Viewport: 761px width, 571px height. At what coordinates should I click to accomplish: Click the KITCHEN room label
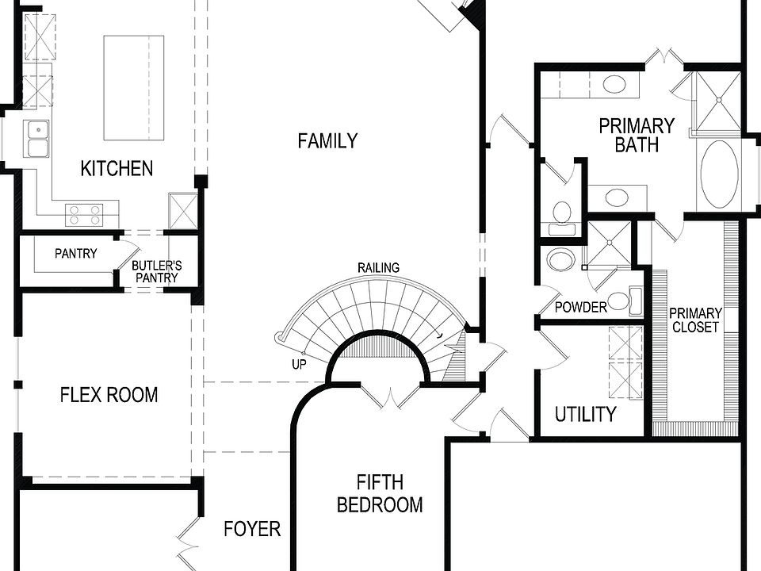click(117, 168)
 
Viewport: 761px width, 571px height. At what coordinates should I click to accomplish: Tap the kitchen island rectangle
click(133, 87)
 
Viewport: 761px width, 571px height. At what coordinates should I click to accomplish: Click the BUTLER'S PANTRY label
click(156, 271)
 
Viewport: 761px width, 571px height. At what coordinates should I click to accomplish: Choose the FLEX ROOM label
click(109, 394)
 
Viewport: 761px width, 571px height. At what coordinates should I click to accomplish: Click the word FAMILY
click(327, 141)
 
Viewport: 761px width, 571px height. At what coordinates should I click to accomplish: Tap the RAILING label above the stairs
click(378, 268)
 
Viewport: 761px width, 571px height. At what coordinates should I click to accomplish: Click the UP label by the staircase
click(299, 365)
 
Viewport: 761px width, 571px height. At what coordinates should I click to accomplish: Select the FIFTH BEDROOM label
click(379, 493)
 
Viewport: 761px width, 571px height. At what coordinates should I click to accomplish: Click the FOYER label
click(252, 529)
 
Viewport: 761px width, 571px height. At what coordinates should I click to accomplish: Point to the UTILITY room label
click(585, 414)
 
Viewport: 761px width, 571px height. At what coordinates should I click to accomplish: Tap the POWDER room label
click(580, 307)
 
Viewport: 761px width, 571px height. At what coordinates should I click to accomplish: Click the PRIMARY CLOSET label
click(695, 320)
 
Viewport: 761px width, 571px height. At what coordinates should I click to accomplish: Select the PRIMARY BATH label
click(637, 135)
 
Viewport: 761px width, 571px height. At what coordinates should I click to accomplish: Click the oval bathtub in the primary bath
click(719, 174)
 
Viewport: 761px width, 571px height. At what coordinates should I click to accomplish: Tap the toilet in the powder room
click(561, 260)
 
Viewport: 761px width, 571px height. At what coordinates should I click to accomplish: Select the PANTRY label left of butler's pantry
click(76, 254)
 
